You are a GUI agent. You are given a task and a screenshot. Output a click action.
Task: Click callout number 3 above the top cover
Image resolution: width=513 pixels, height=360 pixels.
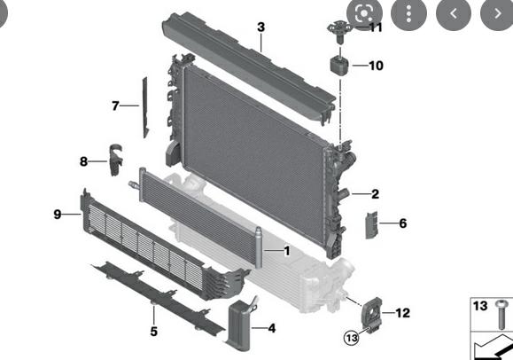pyautogui.click(x=260, y=27)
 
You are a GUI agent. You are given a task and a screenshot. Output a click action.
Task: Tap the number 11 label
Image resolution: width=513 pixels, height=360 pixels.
pyautogui.click(x=376, y=27)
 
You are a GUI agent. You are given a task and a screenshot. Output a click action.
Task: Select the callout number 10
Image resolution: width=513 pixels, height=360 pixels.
pyautogui.click(x=376, y=66)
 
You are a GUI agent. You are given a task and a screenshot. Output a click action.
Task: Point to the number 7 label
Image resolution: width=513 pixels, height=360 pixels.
pyautogui.click(x=115, y=106)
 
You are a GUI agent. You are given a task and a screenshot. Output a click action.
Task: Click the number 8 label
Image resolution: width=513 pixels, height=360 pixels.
pyautogui.click(x=84, y=161)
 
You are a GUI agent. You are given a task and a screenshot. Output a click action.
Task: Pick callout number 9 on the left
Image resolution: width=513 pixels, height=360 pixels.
pyautogui.click(x=58, y=214)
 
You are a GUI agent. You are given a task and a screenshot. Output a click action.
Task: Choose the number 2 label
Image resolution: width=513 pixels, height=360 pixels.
pyautogui.click(x=375, y=194)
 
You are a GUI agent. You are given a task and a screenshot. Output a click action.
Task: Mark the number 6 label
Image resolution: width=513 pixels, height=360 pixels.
pyautogui.click(x=402, y=223)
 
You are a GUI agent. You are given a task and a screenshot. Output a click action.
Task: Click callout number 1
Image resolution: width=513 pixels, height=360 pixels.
pyautogui.click(x=286, y=251)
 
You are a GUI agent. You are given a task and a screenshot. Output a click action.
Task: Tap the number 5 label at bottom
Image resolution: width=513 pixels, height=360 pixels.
pyautogui.click(x=153, y=332)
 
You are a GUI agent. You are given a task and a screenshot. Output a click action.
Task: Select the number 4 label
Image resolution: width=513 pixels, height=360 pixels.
pyautogui.click(x=271, y=329)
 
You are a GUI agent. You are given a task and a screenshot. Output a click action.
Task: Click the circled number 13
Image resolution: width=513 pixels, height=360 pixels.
pyautogui.click(x=353, y=337)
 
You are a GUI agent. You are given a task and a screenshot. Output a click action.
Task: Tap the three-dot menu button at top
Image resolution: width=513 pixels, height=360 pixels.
pyautogui.click(x=408, y=13)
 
